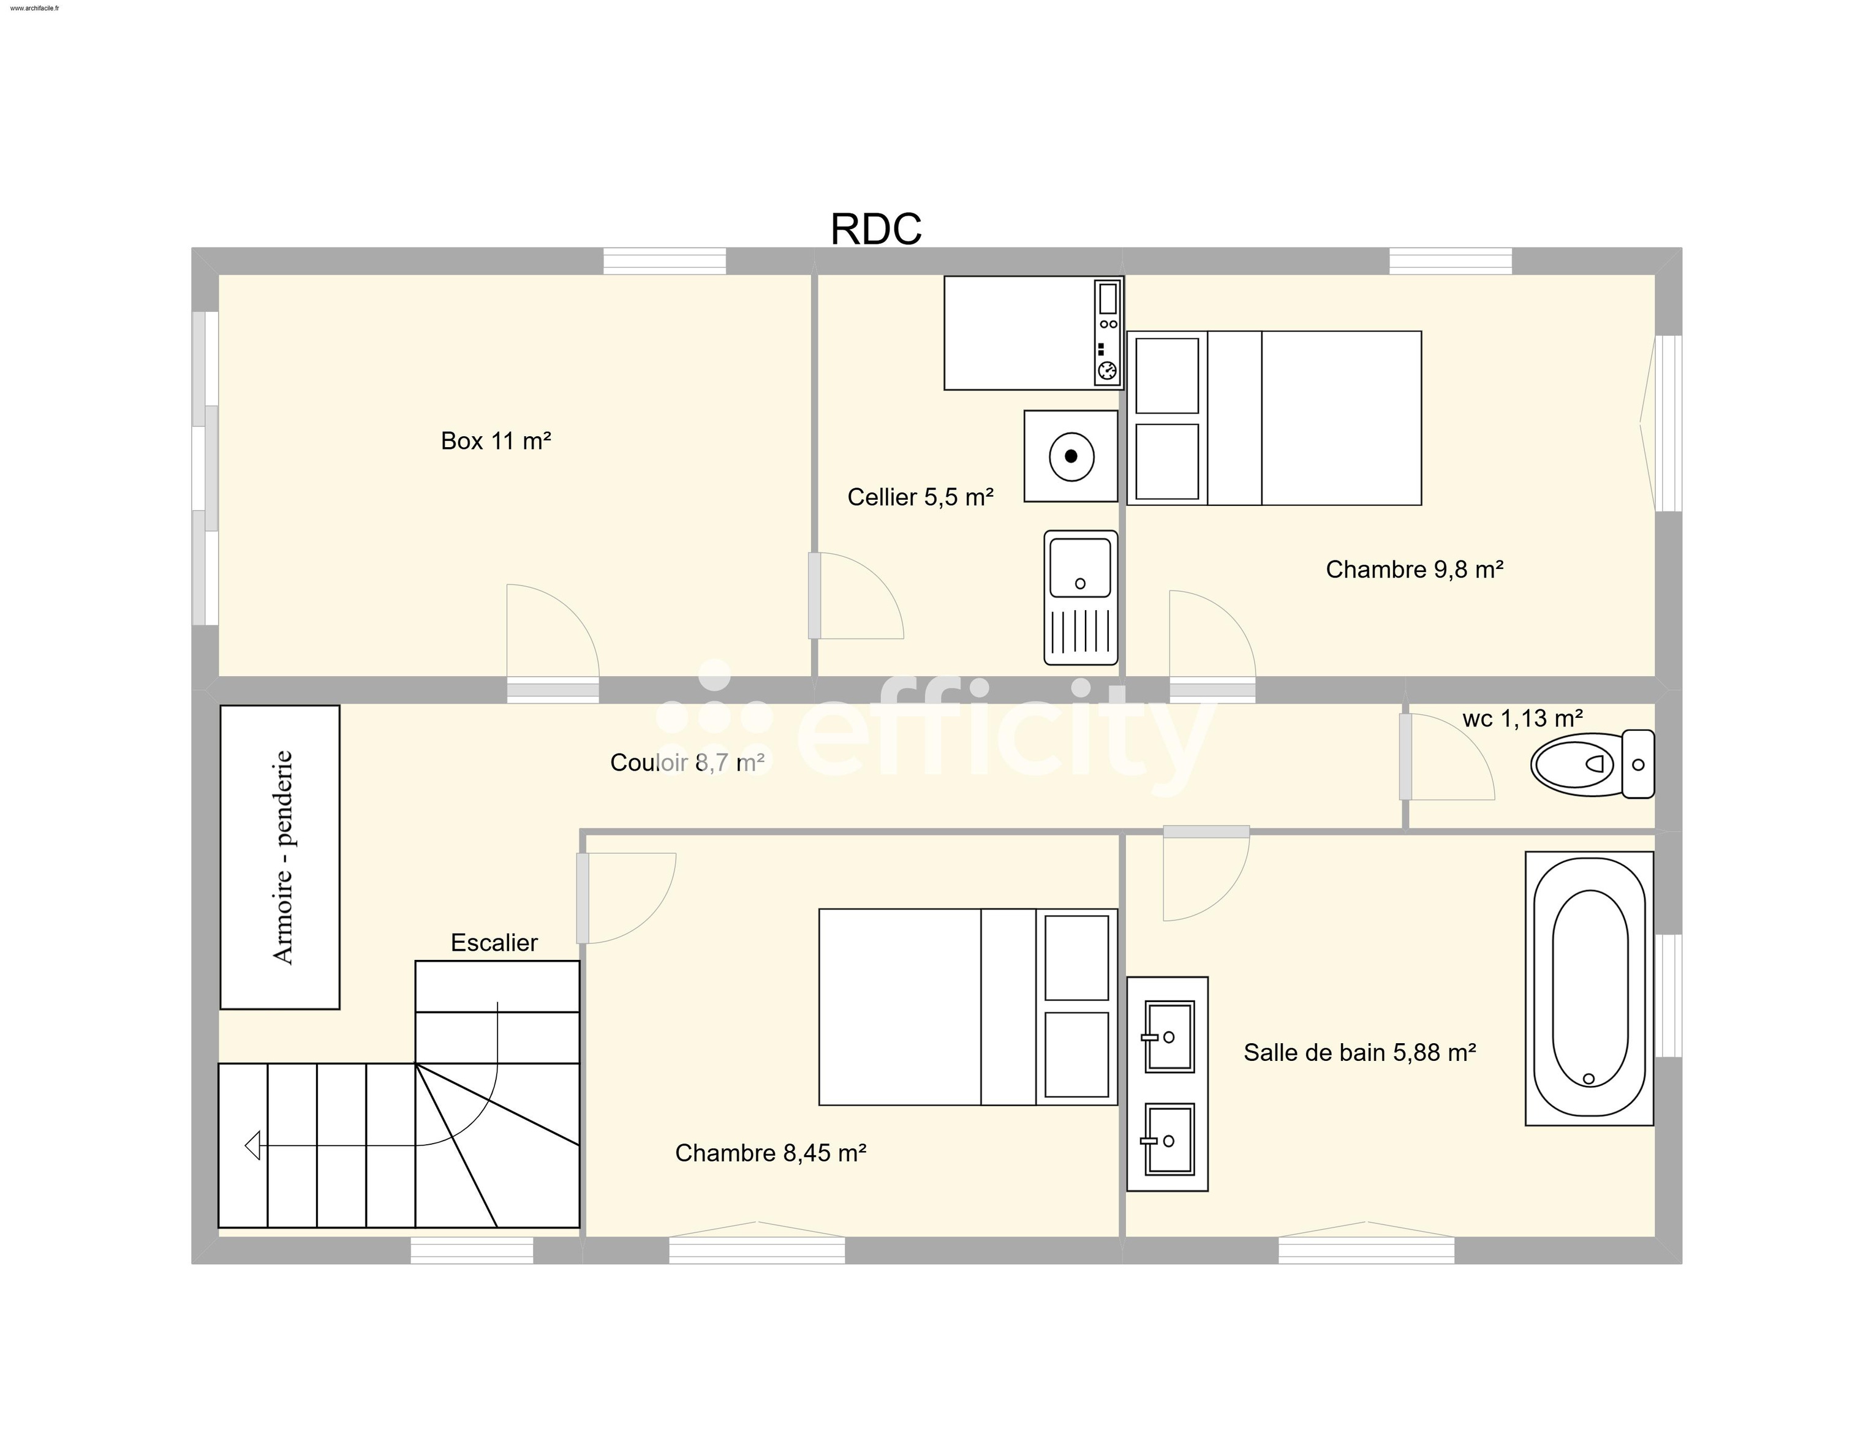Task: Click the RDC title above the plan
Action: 875,229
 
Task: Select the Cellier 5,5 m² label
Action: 920,497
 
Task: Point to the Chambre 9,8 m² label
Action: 1413,569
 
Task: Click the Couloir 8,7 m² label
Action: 687,762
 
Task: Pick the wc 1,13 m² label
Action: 1521,718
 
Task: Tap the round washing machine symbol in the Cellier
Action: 1070,456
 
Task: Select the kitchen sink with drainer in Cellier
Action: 1080,597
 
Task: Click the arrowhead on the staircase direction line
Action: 253,1145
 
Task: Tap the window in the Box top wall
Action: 664,261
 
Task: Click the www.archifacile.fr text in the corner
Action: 35,8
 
